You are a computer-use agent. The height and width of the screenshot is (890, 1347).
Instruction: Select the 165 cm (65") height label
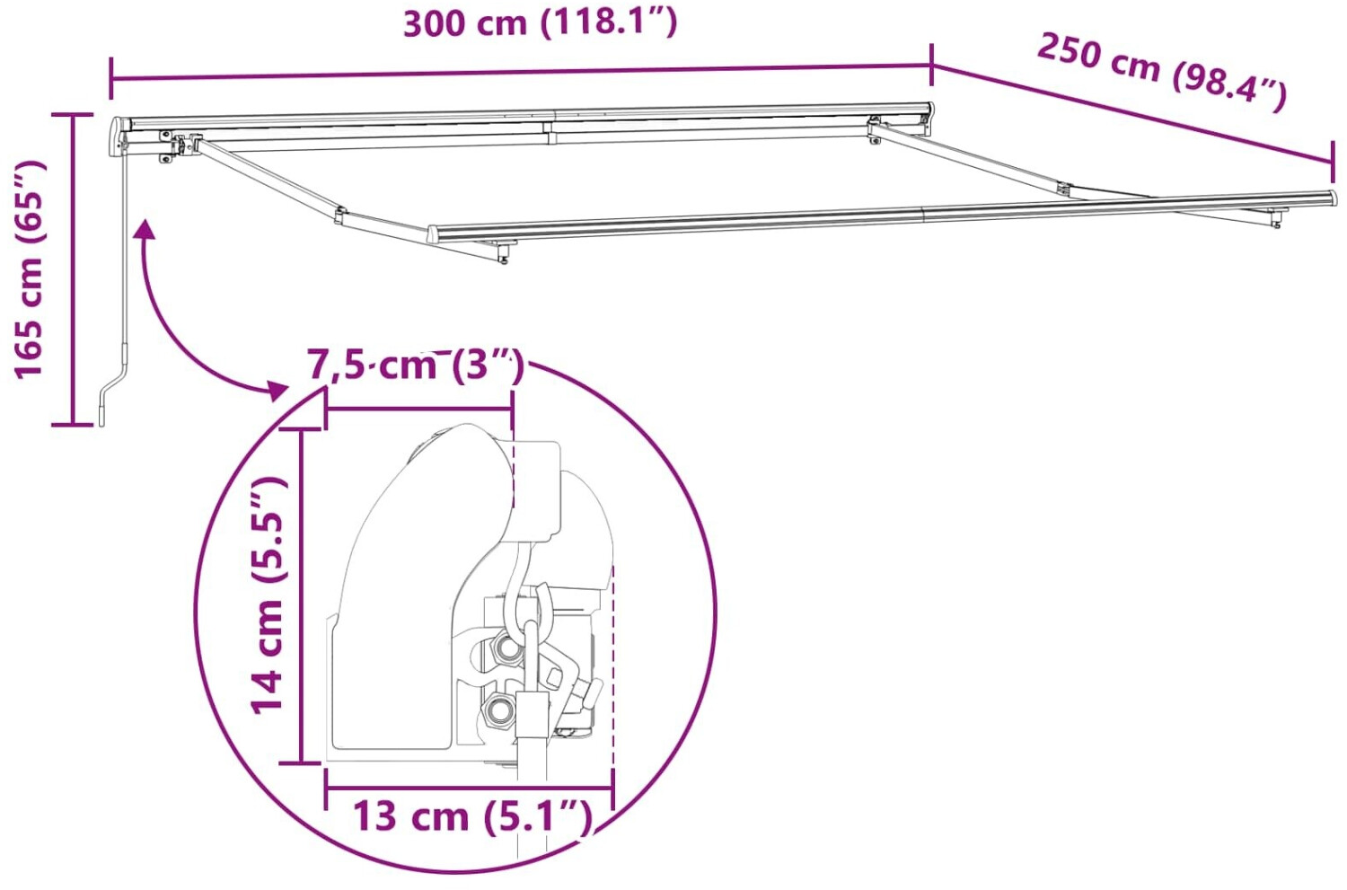coord(29,269)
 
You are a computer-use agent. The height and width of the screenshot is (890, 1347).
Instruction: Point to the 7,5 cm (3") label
coord(415,366)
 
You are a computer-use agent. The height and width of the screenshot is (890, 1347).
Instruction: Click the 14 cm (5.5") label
coord(267,595)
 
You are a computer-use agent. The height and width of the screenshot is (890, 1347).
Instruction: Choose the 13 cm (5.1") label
coord(472,816)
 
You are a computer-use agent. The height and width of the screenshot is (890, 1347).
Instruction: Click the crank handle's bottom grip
coord(102,416)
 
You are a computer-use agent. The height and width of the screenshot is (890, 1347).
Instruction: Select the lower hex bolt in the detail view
coord(497,710)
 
